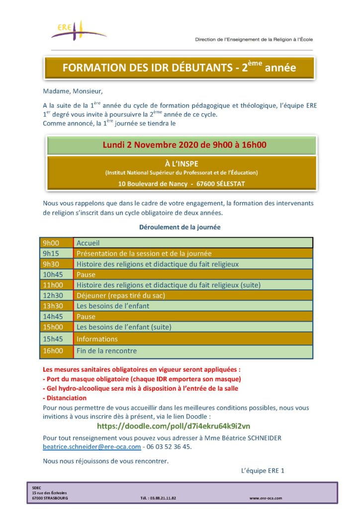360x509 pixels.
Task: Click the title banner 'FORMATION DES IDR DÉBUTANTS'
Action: coord(179,68)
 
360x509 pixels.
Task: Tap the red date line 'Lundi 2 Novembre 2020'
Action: coord(184,145)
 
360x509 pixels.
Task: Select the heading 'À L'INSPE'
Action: coord(181,163)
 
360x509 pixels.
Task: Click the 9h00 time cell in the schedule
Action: coord(51,243)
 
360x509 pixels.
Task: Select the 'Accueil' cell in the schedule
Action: coord(88,243)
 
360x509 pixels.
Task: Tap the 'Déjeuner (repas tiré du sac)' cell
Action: coord(120,295)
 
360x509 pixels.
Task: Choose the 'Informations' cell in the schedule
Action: coord(97,339)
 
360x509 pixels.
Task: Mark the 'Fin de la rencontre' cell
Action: coord(106,351)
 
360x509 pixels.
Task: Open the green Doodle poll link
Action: coord(174,426)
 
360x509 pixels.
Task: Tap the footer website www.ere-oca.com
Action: coord(266,498)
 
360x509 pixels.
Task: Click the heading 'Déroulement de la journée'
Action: coord(180,227)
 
